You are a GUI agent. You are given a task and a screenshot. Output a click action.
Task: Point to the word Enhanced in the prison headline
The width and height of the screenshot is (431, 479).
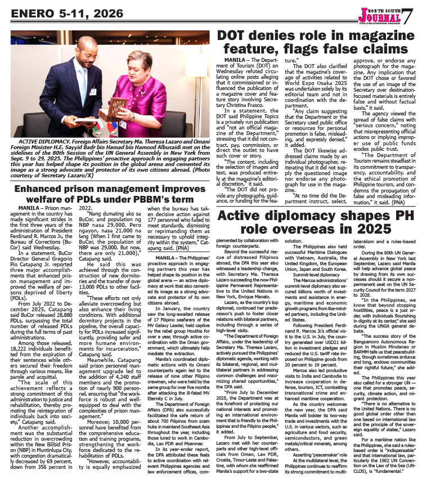(43, 188)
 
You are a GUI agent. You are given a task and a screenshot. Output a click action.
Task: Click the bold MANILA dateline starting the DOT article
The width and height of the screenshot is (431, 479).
(237, 59)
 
